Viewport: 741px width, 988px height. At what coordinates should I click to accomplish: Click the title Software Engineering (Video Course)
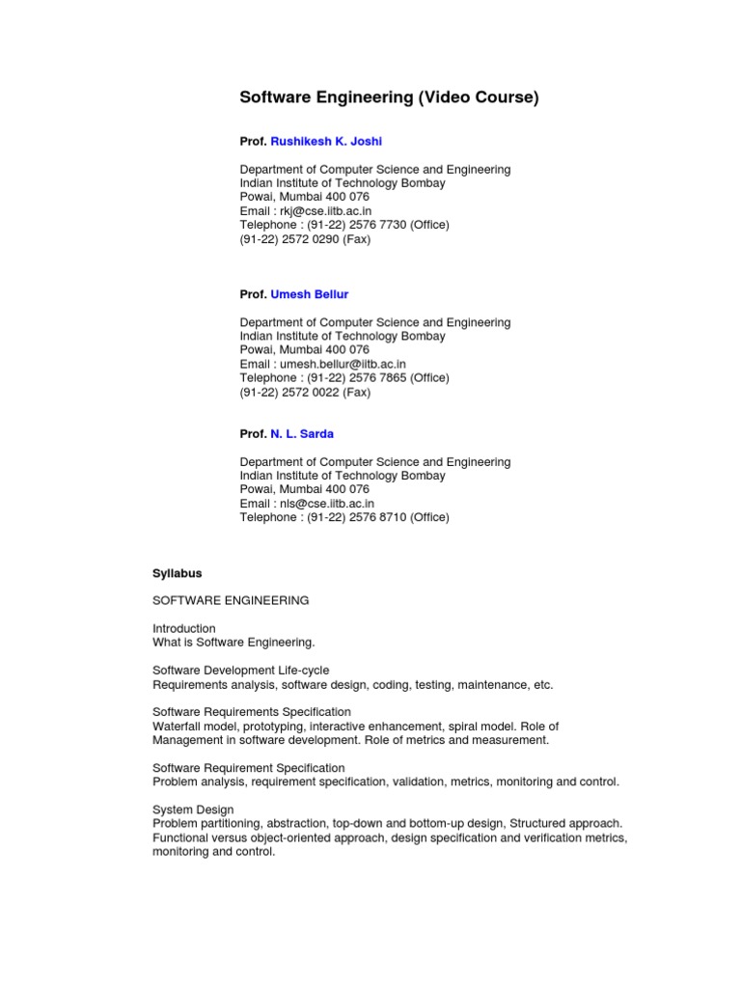[389, 97]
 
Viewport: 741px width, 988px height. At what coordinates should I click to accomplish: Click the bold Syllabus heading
[178, 573]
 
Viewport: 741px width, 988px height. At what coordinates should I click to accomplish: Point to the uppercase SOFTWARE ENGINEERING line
[231, 600]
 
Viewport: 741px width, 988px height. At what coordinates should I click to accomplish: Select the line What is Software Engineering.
[233, 642]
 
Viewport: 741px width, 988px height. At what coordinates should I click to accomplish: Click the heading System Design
[193, 810]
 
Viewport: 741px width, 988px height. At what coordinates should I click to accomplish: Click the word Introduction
[184, 628]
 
